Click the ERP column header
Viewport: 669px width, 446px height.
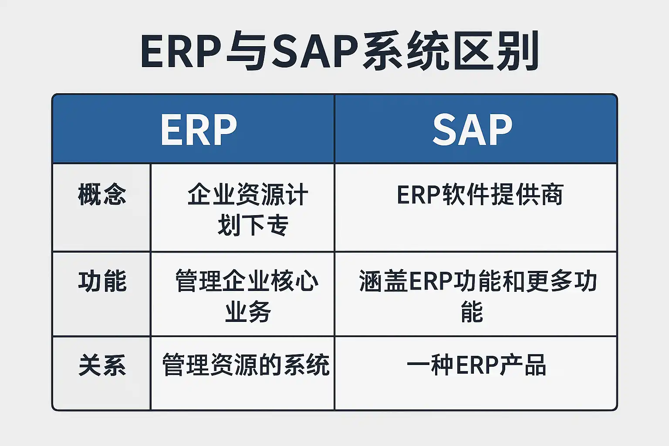(199, 130)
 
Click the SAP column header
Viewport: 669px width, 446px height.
(473, 130)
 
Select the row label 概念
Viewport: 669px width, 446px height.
(102, 194)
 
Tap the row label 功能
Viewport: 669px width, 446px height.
(102, 281)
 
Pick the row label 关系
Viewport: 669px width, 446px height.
(102, 365)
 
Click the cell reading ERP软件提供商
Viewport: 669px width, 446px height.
(480, 194)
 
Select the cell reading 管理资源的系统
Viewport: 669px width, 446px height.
(246, 365)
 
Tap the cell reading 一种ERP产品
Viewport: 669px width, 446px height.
(476, 365)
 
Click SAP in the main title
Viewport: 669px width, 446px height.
(315, 51)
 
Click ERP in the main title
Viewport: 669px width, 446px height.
(181, 51)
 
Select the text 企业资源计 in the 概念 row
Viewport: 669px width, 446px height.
(247, 194)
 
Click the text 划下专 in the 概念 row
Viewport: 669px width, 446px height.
(253, 225)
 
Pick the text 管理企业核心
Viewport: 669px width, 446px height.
(247, 281)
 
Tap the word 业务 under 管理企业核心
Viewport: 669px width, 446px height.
(248, 311)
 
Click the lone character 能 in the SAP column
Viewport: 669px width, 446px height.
(472, 311)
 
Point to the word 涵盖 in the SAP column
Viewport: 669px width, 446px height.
(383, 281)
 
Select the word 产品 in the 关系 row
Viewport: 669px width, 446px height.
(523, 365)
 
